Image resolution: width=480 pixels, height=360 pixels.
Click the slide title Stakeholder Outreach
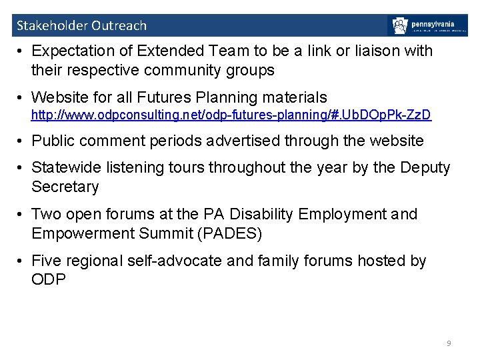[81, 26]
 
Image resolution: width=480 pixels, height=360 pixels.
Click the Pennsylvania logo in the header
[427, 25]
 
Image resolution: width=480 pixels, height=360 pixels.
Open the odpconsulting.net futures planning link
[231, 115]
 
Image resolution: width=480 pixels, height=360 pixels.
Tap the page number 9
[449, 343]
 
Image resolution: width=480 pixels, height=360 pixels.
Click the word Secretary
[65, 187]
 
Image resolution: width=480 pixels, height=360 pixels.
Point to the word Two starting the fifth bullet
[46, 214]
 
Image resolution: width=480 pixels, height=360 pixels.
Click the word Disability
[255, 214]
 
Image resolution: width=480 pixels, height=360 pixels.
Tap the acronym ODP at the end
[49, 279]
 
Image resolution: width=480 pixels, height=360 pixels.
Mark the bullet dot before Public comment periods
[22, 141]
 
